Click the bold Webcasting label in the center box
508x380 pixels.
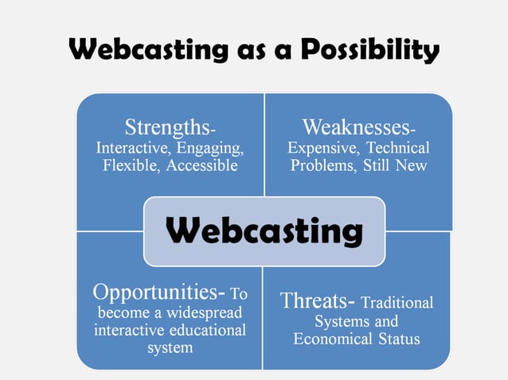[264, 231]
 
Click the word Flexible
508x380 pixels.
[132, 166]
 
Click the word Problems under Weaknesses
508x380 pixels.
[323, 166]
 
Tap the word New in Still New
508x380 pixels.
[411, 166]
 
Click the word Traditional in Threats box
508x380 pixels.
[397, 303]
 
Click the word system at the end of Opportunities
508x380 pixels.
[170, 348]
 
